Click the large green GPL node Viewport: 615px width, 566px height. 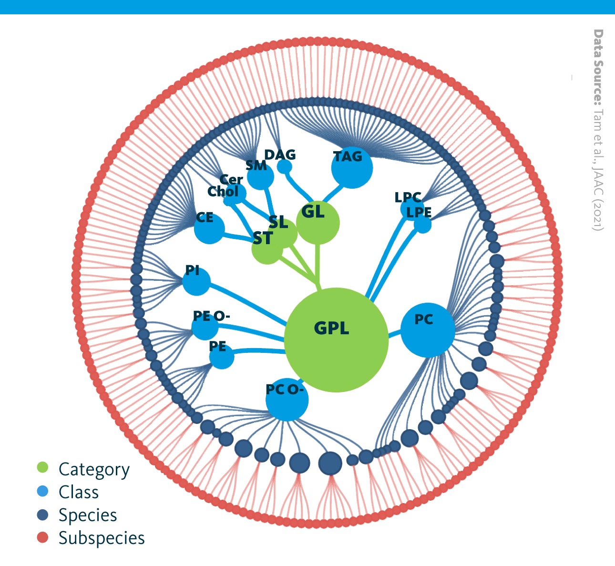tap(336, 340)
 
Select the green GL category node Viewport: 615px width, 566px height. tap(318, 223)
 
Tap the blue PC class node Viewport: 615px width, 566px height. tap(428, 330)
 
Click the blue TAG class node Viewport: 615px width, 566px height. tap(352, 168)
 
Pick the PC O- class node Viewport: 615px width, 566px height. tap(287, 400)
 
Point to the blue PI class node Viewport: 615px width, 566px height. tap(196, 281)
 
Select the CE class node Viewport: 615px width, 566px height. tap(209, 228)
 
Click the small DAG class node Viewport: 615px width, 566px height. tap(285, 166)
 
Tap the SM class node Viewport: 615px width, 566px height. tap(261, 176)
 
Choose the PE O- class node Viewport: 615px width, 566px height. tap(205, 327)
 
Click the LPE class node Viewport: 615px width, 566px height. tap(422, 225)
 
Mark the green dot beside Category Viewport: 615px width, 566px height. tap(42, 467)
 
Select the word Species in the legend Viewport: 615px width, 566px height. tap(88, 515)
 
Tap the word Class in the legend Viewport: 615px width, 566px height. tap(79, 492)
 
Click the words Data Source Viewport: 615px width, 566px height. tap(598, 68)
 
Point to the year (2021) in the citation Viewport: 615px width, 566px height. tap(598, 215)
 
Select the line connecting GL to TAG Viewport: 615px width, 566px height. tap(333, 193)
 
